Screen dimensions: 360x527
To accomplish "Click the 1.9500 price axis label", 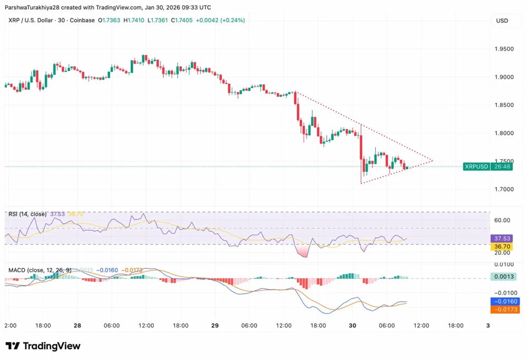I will tap(503, 49).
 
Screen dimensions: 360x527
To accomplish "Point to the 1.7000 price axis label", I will tap(503, 189).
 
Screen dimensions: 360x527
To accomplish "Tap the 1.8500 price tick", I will tap(503, 105).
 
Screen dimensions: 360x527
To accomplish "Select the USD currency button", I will tap(502, 21).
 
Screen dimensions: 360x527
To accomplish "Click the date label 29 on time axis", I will tap(215, 326).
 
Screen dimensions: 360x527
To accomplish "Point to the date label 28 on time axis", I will tap(77, 326).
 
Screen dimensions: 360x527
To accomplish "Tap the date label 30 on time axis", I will tap(353, 326).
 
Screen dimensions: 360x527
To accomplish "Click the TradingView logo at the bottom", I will tap(43, 346).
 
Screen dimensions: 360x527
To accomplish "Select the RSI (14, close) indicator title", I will tap(27, 214).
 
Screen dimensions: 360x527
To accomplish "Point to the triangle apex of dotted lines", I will tap(433, 160).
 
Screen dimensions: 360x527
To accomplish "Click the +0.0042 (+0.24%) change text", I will tap(220, 20).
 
